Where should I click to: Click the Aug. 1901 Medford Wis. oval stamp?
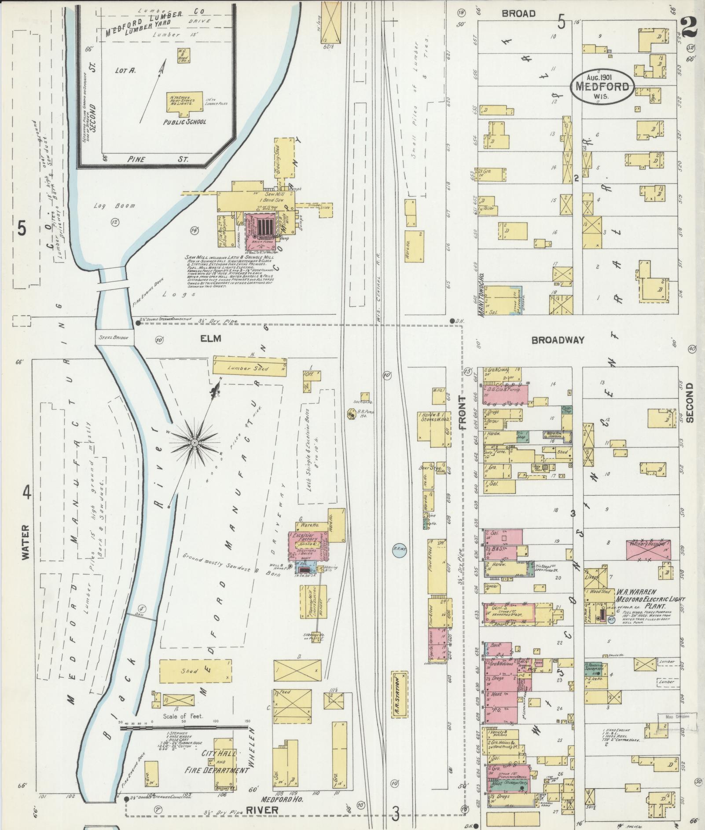[603, 86]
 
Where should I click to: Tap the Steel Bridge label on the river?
[114, 337]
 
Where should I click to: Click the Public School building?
[184, 102]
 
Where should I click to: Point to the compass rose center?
[194, 441]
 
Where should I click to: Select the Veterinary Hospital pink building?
[648, 550]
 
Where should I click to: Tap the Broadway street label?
[558, 340]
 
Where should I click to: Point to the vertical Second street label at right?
[689, 402]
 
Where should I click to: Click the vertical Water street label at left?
[25, 542]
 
